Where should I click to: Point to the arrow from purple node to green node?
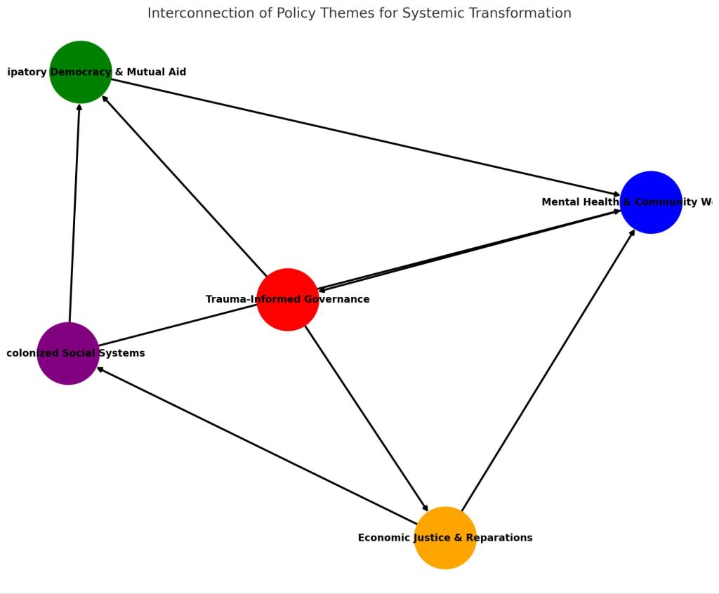pyautogui.click(x=74, y=211)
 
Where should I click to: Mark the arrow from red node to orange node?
pyautogui.click(x=365, y=417)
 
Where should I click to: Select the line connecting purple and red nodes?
pyautogui.click(x=176, y=326)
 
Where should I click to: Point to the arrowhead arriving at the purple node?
pyautogui.click(x=100, y=369)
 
